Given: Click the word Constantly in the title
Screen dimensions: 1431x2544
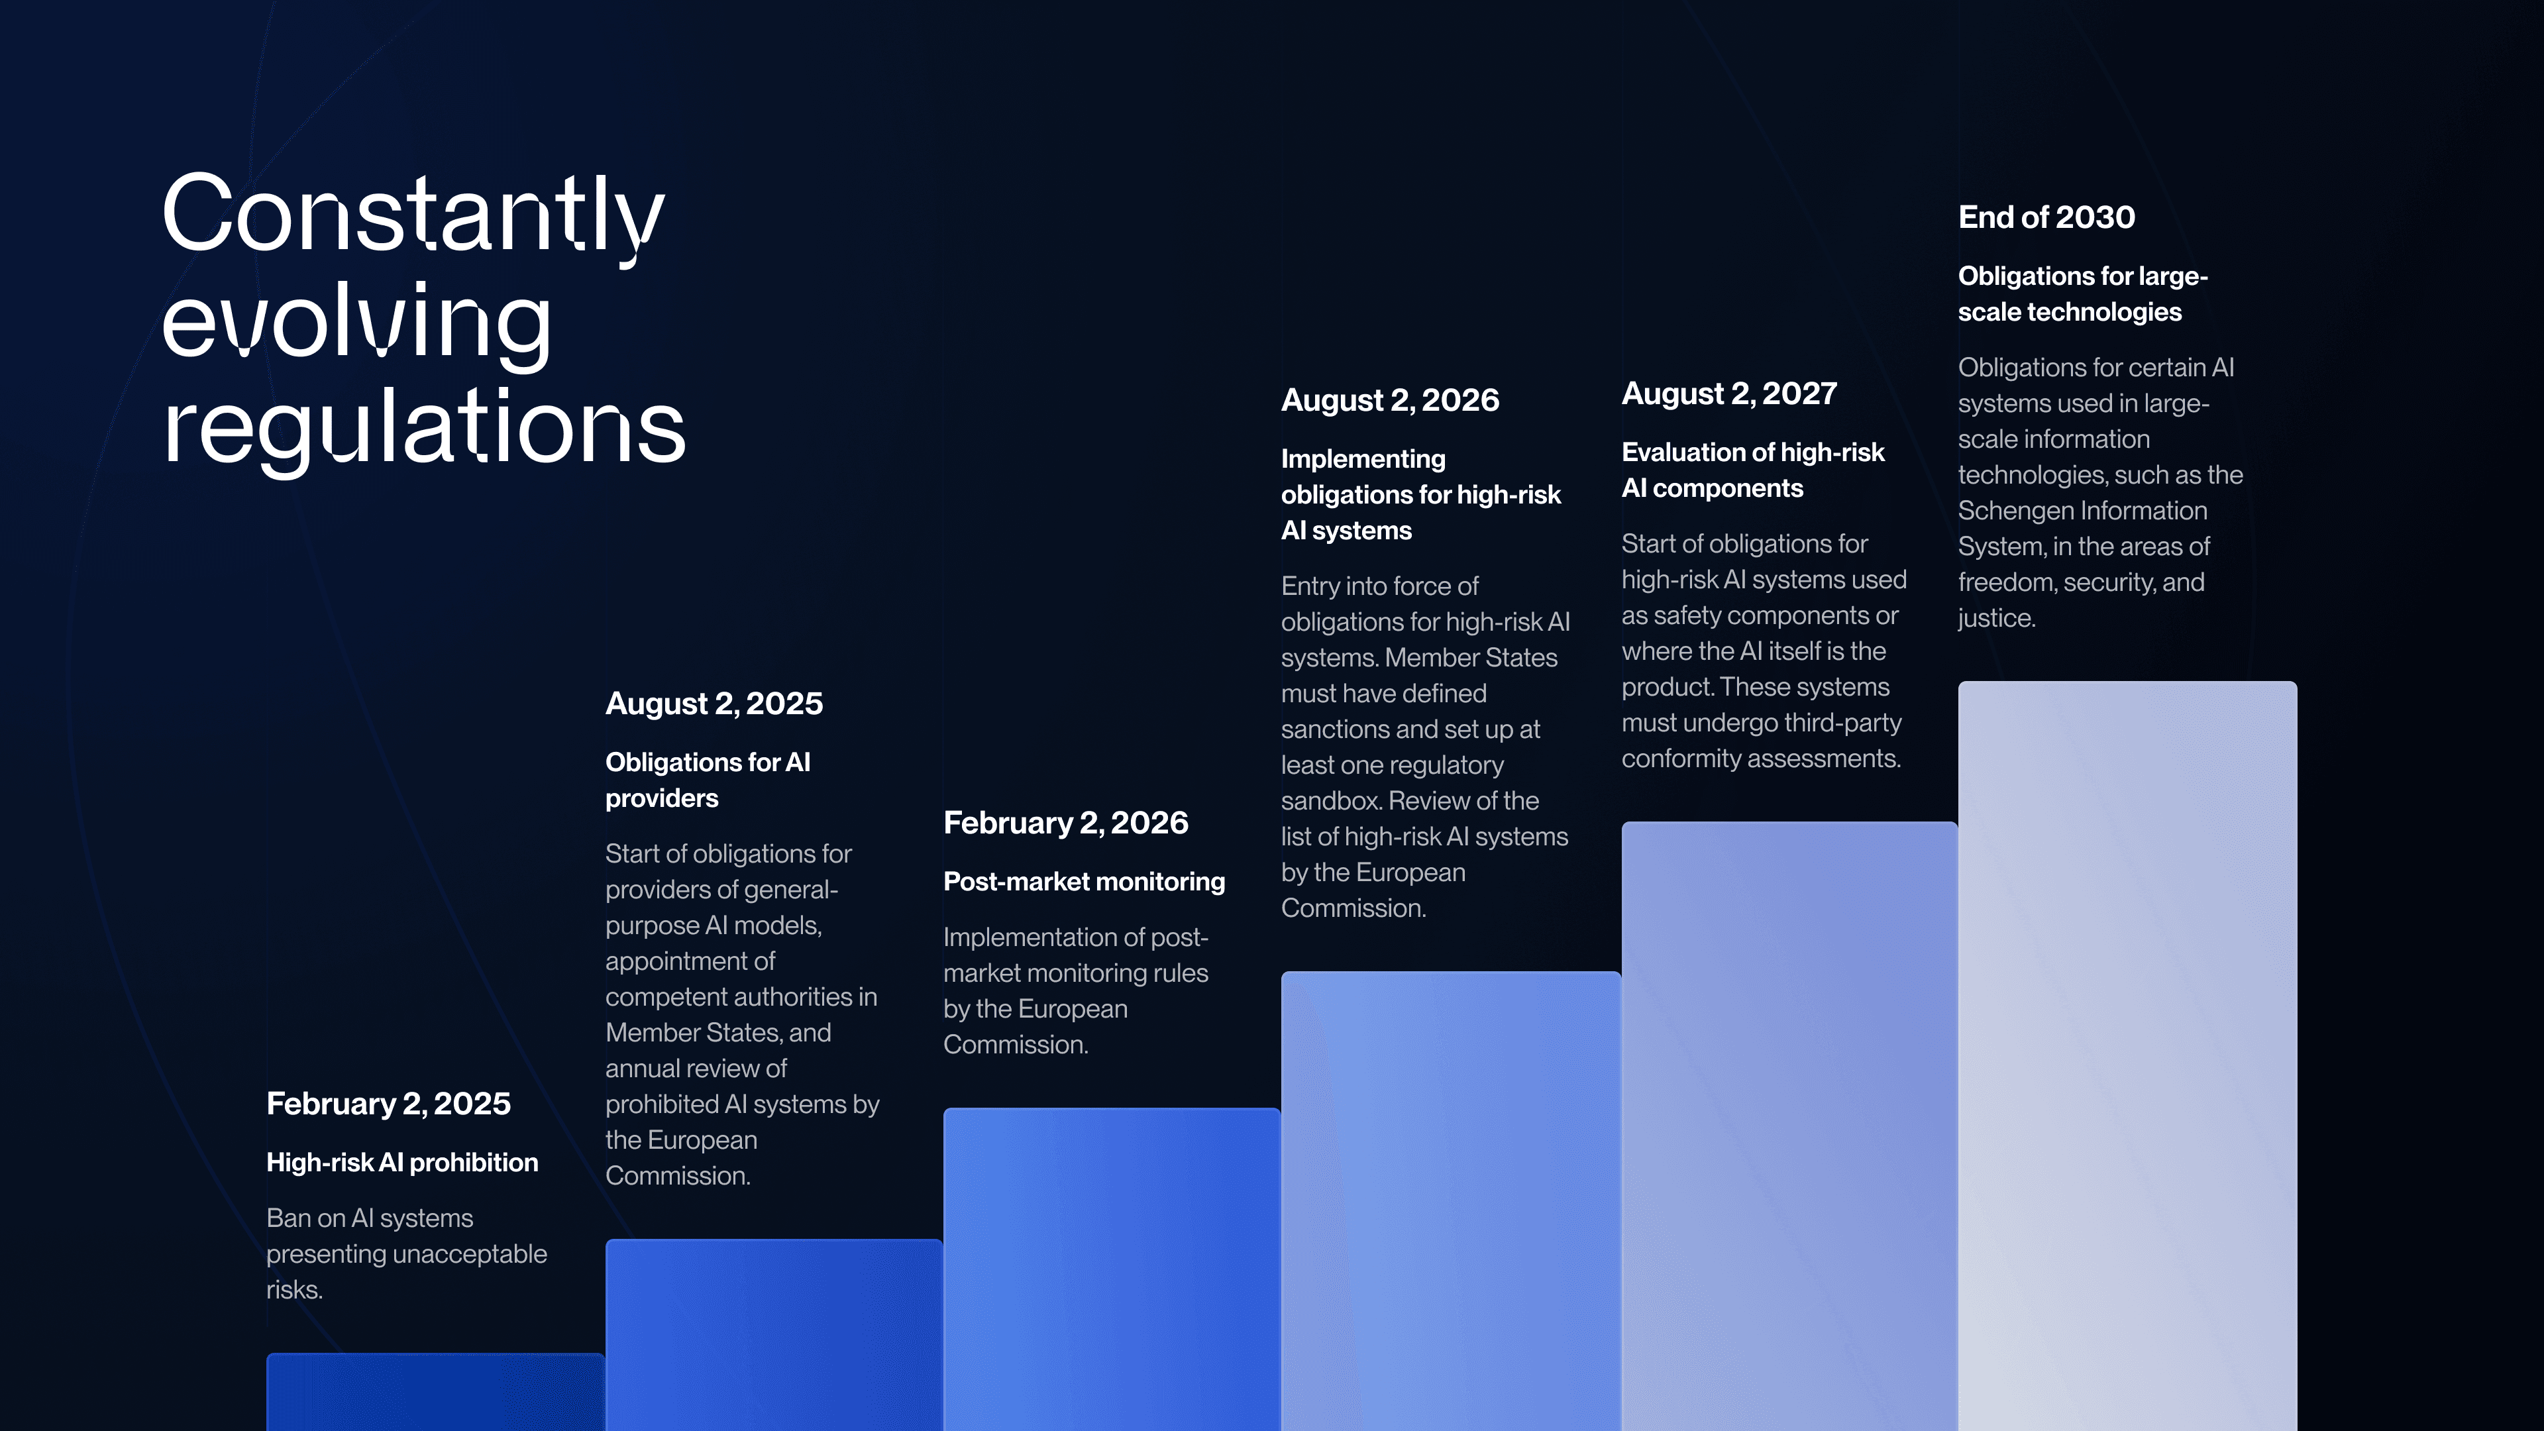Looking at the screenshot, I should tap(413, 213).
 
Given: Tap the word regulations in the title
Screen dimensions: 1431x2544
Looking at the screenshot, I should tap(424, 427).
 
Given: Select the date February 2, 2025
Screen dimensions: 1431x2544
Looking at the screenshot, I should tap(388, 1103).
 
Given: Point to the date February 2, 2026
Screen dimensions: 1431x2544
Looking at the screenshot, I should tap(1065, 823).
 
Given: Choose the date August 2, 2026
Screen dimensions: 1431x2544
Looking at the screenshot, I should tap(1389, 400).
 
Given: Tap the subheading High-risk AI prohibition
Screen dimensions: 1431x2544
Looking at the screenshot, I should tap(402, 1163).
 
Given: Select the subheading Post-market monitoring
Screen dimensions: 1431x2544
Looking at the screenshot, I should tap(1083, 882).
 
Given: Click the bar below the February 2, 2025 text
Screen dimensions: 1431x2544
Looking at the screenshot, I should tap(435, 1393).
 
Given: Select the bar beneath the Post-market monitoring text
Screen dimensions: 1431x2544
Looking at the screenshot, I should tap(1111, 1269).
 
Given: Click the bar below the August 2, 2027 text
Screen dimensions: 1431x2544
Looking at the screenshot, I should tap(1789, 1126).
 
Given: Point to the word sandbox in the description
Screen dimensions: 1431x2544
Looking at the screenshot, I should tap(1330, 801).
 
